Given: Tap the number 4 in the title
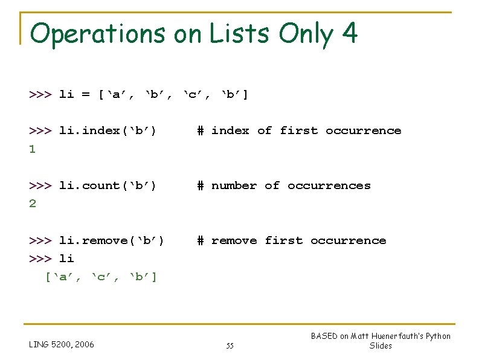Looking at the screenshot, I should pos(349,34).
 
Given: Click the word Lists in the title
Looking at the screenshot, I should pos(239,34).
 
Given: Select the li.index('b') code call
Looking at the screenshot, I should pos(108,130).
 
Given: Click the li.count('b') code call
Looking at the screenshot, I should pos(108,185).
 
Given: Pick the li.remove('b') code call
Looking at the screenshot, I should pos(111,240).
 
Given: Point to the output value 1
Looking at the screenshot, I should pos(33,149).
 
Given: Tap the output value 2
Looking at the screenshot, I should pos(33,204).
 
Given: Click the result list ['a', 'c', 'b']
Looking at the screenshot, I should pos(101,277).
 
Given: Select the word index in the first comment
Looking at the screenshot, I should pos(230,130).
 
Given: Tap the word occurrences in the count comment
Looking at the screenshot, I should pos(329,185).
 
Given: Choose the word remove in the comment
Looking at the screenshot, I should pos(234,240).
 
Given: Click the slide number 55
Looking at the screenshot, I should pos(230,346).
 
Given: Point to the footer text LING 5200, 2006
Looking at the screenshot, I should pos(62,345).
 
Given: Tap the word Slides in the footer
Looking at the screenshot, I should pos(381,346).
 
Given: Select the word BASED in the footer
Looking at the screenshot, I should pos(324,336).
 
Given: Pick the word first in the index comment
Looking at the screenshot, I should pos(298,130).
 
